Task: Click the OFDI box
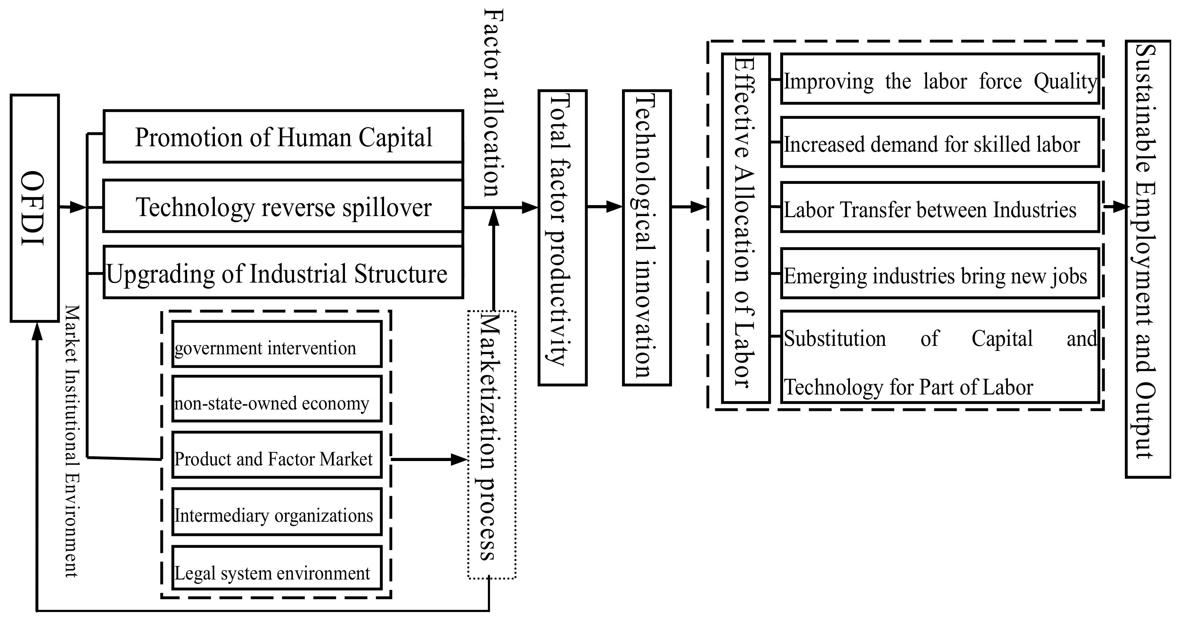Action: click(x=34, y=208)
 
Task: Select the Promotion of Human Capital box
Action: click(x=283, y=136)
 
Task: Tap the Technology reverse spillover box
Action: click(x=283, y=207)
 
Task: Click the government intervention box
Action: click(x=277, y=344)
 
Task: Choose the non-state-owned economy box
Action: click(x=277, y=399)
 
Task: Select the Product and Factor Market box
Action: click(x=277, y=455)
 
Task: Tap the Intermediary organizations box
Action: click(x=277, y=512)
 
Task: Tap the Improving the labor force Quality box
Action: click(x=940, y=79)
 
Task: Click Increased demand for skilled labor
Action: click(x=940, y=142)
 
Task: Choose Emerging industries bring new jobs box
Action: click(x=940, y=273)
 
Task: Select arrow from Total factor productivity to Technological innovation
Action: click(x=604, y=207)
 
